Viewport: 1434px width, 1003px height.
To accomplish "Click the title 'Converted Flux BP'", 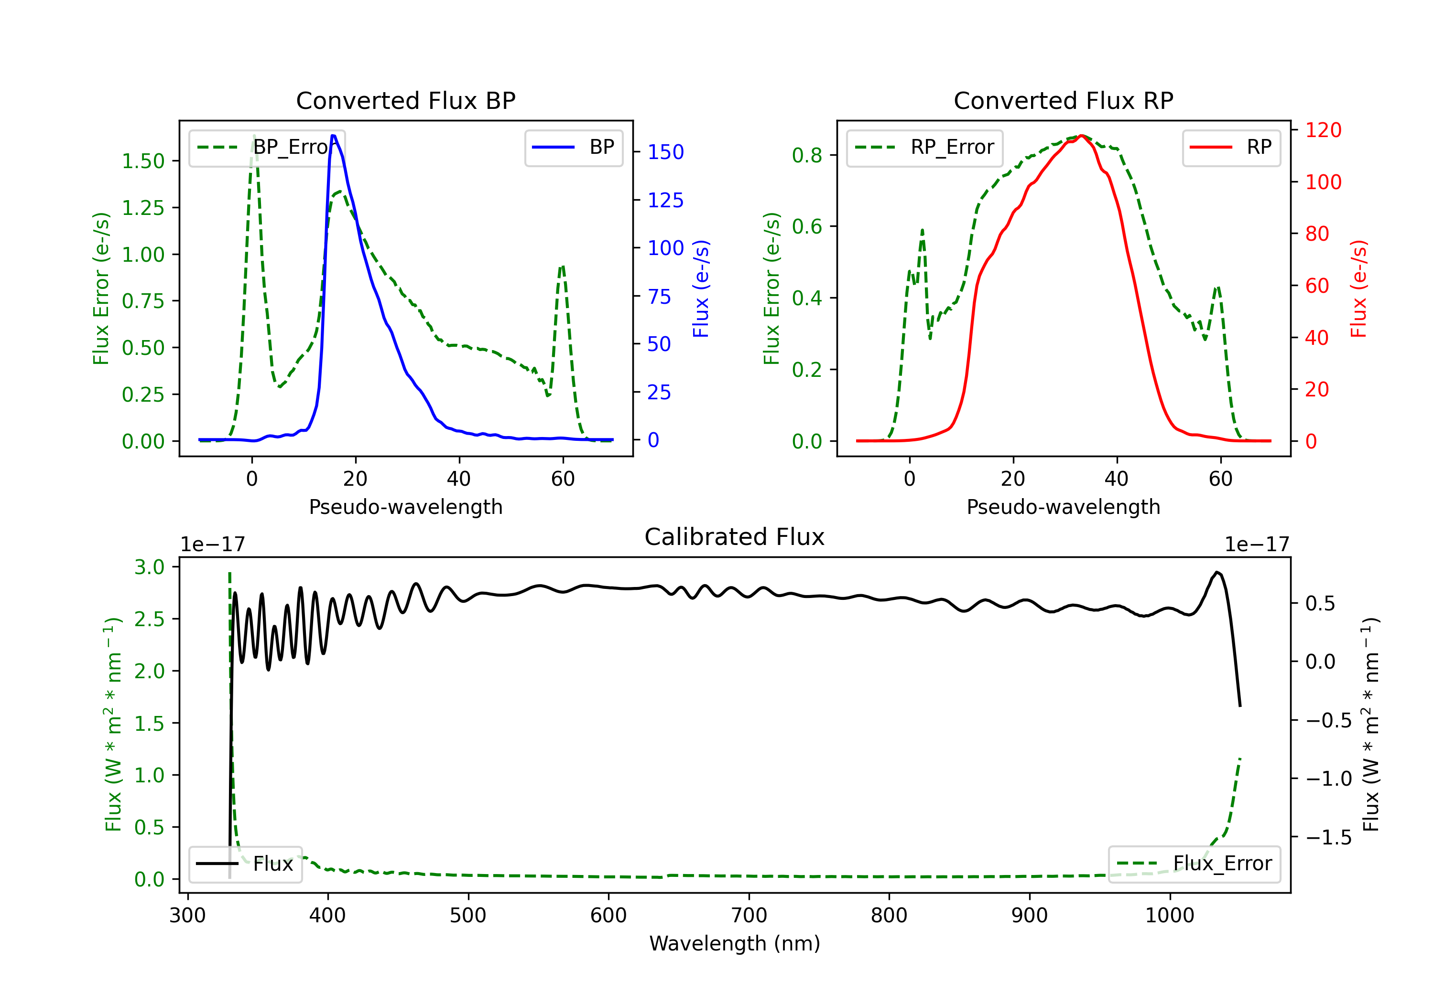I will pos(405,100).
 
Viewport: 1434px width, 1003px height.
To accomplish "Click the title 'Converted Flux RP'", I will pos(1063,100).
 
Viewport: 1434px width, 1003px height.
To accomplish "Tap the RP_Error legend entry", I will pos(924,148).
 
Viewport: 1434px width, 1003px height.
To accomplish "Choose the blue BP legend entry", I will pos(573,148).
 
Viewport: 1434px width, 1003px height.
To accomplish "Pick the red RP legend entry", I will pos(1231,148).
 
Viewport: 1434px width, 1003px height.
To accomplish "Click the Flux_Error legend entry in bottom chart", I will pos(1194,864).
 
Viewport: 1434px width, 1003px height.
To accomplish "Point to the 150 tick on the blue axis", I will pos(665,152).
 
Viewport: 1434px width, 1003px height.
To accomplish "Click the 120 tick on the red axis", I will pos(1323,130).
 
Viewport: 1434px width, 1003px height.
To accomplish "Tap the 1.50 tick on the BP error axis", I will pos(142,161).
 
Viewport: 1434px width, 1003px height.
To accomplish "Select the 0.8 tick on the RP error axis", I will pos(806,155).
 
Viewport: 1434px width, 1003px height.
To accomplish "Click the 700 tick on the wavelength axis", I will pos(749,915).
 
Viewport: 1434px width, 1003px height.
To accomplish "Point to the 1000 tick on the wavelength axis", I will pos(1169,915).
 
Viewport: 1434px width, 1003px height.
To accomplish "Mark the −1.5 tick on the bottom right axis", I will pos(1328,837).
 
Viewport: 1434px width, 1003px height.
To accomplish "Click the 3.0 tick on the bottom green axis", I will pos(149,567).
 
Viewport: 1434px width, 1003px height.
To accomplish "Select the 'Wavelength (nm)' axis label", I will pos(735,943).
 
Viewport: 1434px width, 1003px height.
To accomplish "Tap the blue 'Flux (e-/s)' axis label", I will pos(701,288).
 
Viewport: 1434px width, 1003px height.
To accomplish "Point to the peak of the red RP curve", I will pos(1082,136).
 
